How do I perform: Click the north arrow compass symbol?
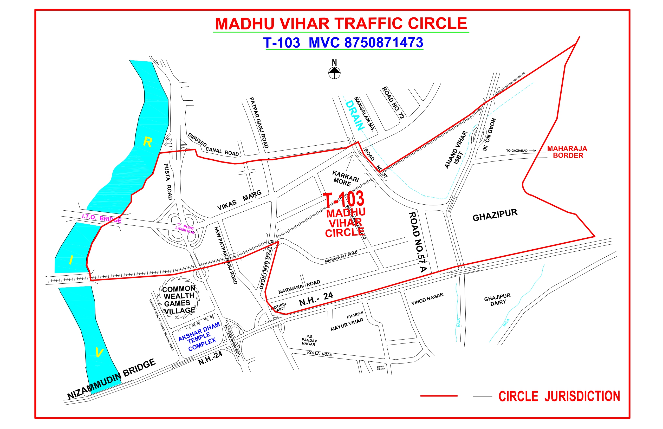tap(334, 73)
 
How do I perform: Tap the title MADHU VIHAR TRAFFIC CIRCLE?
tap(341, 24)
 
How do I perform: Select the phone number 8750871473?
tap(383, 43)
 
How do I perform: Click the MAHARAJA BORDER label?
tap(567, 152)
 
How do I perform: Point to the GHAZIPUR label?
tap(495, 215)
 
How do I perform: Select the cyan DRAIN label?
tap(355, 116)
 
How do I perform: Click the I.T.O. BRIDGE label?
tap(102, 218)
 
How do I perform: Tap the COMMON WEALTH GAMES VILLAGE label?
tap(179, 300)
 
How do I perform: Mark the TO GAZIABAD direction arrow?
tap(532, 151)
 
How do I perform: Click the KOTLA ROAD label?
tap(320, 354)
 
